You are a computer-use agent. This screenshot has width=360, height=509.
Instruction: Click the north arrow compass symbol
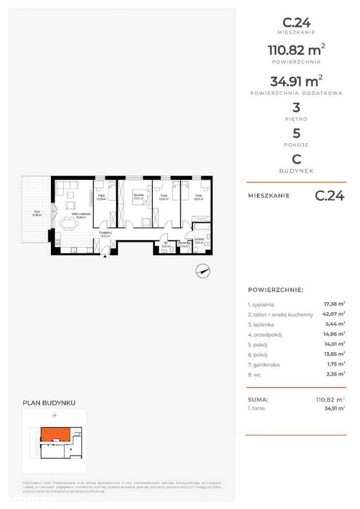(203, 272)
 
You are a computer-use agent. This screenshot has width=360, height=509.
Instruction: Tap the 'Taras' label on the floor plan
(37, 213)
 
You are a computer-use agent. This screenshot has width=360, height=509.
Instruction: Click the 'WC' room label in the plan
(165, 243)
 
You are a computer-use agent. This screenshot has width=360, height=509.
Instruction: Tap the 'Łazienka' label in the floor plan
(199, 240)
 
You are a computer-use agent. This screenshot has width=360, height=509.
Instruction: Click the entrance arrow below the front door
(105, 256)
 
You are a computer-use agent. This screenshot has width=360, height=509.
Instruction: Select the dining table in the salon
(68, 223)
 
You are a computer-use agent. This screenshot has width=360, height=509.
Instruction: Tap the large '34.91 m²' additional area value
(296, 81)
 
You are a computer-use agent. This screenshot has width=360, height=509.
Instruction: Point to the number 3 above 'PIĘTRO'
(296, 108)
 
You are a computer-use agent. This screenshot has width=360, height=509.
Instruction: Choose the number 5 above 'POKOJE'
(296, 134)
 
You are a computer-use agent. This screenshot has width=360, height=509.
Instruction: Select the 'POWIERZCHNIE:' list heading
(275, 290)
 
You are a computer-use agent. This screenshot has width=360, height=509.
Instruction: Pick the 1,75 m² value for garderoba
(334, 364)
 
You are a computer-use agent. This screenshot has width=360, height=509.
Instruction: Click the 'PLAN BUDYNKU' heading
(49, 403)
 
